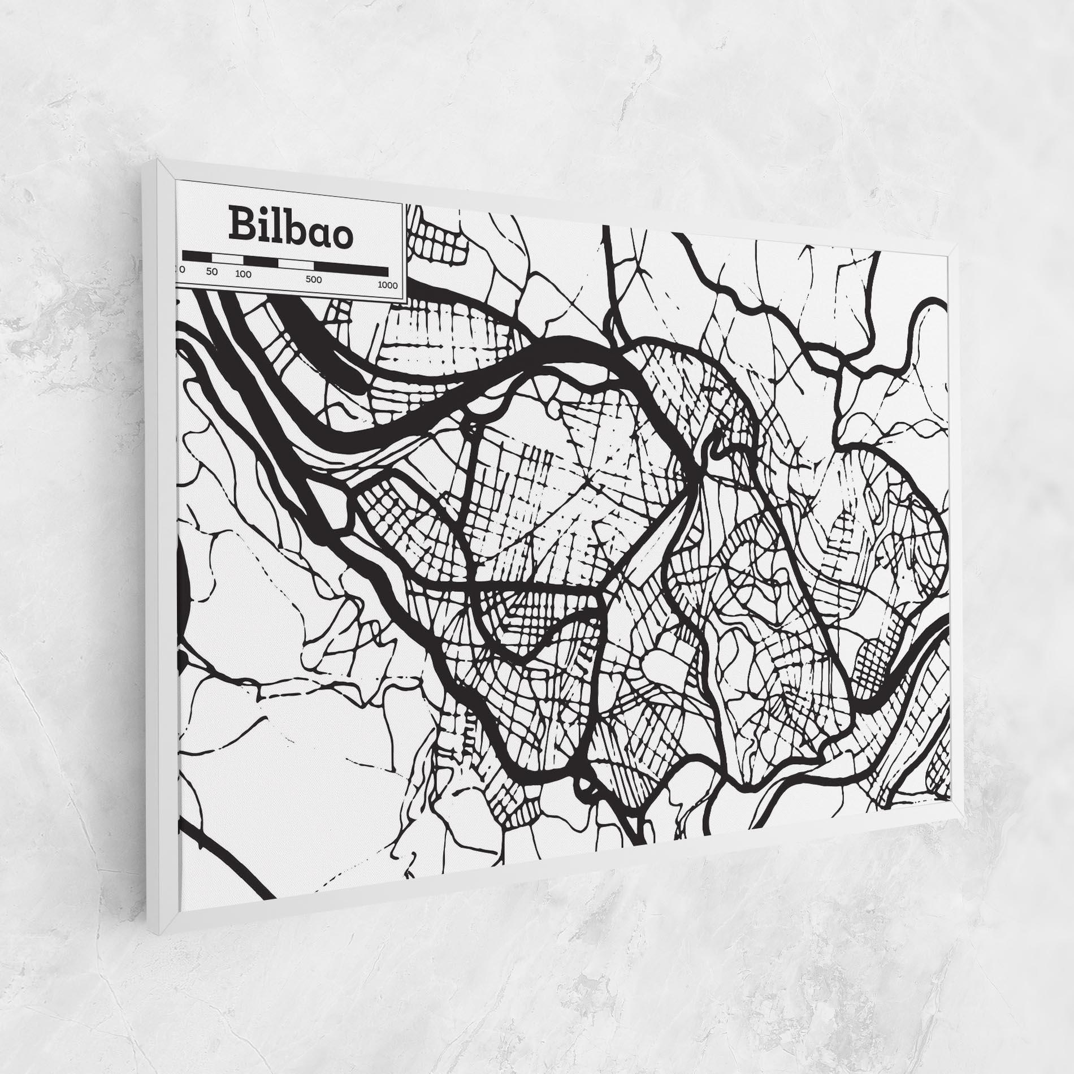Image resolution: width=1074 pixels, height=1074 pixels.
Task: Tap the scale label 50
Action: tap(211, 271)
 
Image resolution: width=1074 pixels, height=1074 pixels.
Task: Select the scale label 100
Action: tap(244, 274)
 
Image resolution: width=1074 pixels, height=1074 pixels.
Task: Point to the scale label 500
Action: tap(313, 279)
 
